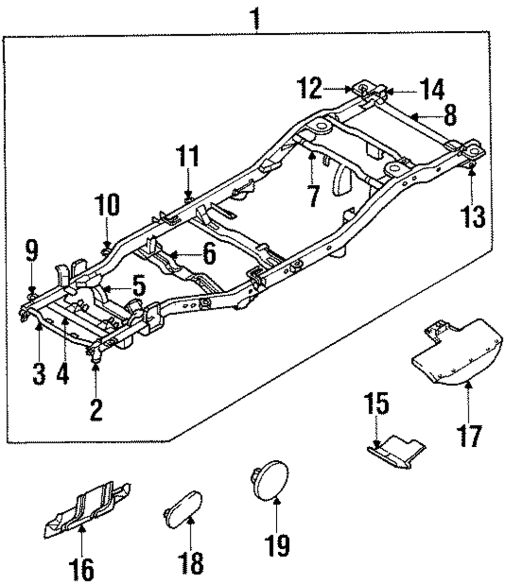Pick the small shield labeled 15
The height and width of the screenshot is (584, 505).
tap(396, 451)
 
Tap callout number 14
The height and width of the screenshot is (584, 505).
tap(432, 89)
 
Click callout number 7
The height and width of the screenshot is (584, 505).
tap(314, 195)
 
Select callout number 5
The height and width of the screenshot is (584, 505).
tap(139, 286)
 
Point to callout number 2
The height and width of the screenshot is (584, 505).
tap(96, 410)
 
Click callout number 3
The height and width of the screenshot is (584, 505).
tap(39, 374)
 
